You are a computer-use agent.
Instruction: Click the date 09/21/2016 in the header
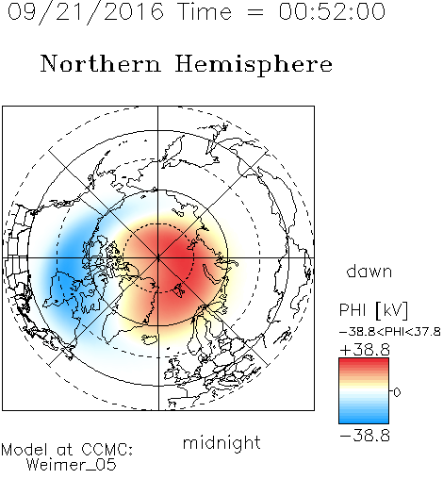[86, 12]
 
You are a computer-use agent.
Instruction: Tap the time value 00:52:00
[332, 11]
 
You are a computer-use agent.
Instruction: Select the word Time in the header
[205, 11]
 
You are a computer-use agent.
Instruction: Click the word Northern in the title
[101, 63]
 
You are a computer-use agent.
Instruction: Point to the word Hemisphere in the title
[254, 65]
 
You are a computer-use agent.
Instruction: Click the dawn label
[369, 271]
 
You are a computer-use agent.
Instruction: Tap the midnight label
[221, 442]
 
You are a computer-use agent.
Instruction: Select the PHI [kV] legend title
[373, 310]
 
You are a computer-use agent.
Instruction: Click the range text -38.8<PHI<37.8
[390, 332]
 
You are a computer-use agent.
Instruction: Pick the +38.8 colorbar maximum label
[365, 350]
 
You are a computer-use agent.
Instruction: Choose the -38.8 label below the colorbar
[365, 436]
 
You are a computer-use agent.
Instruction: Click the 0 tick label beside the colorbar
[397, 392]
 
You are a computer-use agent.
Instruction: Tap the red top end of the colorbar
[364, 360]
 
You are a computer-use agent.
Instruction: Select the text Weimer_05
[72, 465]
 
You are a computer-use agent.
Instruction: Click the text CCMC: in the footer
[107, 450]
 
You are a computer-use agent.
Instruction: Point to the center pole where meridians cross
[158, 258]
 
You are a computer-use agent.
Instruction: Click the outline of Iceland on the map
[150, 339]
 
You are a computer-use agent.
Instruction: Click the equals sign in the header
[255, 12]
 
